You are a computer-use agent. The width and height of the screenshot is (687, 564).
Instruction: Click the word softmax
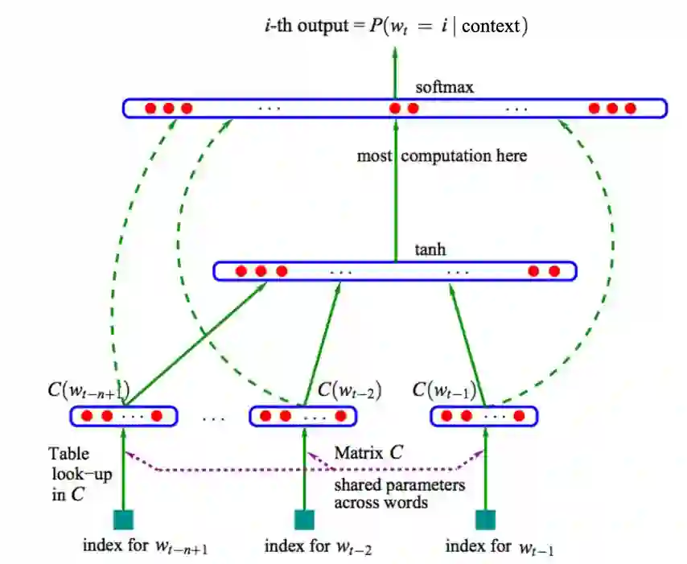pyautogui.click(x=445, y=87)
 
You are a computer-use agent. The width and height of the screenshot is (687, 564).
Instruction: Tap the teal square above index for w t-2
pyautogui.click(x=304, y=520)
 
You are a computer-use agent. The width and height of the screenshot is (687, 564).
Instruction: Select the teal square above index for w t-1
pyautogui.click(x=485, y=520)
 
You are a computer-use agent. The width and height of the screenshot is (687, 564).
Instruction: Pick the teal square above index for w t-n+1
pyautogui.click(x=123, y=520)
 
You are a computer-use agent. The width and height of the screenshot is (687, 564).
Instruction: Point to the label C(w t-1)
pyautogui.click(x=444, y=391)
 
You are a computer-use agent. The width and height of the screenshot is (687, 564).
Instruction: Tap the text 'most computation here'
pyautogui.click(x=442, y=155)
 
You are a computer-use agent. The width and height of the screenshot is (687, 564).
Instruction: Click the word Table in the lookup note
pyautogui.click(x=69, y=454)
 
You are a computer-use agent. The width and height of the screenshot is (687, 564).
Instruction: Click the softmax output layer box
pyautogui.click(x=394, y=108)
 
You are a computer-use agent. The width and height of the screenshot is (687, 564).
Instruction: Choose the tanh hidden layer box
pyautogui.click(x=394, y=271)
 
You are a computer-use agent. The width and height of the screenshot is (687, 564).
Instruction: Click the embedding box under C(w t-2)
pyautogui.click(x=303, y=416)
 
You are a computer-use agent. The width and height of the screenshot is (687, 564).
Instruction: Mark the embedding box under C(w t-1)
pyautogui.click(x=484, y=416)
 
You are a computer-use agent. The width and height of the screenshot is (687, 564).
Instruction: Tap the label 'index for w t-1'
pyautogui.click(x=500, y=547)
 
